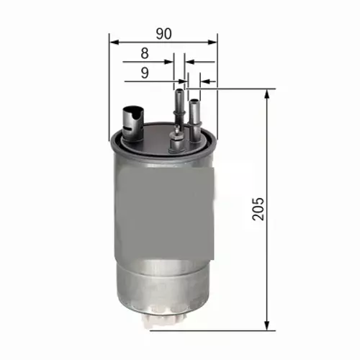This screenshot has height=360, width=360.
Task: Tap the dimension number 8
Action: click(145, 53)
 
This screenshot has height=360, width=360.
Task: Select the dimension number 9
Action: click(145, 72)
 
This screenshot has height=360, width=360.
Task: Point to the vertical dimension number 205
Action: click(260, 208)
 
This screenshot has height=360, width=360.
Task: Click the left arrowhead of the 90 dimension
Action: click(114, 42)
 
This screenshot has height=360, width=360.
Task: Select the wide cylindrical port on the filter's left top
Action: click(132, 117)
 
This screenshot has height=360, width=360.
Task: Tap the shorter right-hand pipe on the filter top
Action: click(193, 112)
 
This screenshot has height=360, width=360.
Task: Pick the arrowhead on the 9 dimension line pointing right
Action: click(182, 81)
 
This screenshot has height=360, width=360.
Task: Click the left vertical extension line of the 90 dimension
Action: click(109, 86)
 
